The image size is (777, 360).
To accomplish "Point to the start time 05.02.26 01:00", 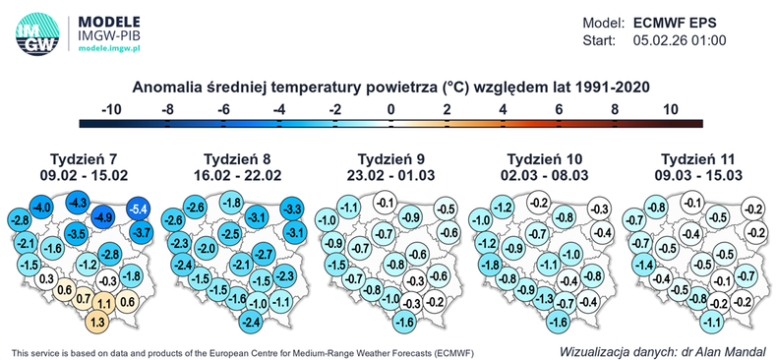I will click(678, 40).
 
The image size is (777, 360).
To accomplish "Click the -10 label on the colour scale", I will click(111, 108).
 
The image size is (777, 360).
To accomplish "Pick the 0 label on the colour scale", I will click(391, 108).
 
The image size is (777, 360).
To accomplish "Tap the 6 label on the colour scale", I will click(559, 108).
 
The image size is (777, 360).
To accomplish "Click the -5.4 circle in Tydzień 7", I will click(140, 209).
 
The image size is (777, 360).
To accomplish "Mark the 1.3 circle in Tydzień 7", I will click(98, 321).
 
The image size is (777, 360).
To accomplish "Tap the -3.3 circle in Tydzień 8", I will click(292, 209).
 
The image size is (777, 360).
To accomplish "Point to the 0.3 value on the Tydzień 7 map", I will click(45, 279).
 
